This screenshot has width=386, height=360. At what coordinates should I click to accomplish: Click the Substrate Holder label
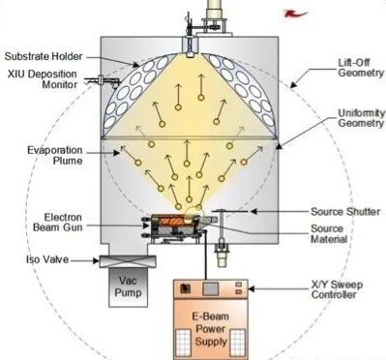pos(44,56)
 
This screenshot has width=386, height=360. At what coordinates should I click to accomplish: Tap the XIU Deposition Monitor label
pos(43,79)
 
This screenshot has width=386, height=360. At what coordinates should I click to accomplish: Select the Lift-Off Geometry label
pos(361,68)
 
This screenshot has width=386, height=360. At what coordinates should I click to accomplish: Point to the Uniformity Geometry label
pos(361,118)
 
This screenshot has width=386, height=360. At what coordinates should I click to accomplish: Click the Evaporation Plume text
pos(55,155)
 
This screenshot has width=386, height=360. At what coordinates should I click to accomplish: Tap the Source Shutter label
pos(345,212)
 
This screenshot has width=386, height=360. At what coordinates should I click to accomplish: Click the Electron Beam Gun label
pos(58,223)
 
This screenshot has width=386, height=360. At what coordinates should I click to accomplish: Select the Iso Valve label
pos(47,259)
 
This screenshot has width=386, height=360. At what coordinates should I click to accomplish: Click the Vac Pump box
pos(129,286)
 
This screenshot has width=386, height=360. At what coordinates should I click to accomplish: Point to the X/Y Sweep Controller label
pos(337,289)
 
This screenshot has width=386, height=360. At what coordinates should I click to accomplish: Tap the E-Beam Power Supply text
pos(211,329)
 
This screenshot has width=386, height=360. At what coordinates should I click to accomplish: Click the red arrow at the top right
pos(295,14)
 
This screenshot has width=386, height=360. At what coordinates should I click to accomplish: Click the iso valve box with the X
pos(128,261)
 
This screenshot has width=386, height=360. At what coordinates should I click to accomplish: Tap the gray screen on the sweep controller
pos(210,288)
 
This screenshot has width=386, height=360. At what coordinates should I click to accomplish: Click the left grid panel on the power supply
pos(183,343)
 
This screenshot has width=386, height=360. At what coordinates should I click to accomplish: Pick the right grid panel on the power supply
pos(238,343)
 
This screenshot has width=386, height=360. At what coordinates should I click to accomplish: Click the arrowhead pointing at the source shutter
pos(253,212)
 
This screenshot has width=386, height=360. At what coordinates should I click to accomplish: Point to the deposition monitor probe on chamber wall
pos(102,80)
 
